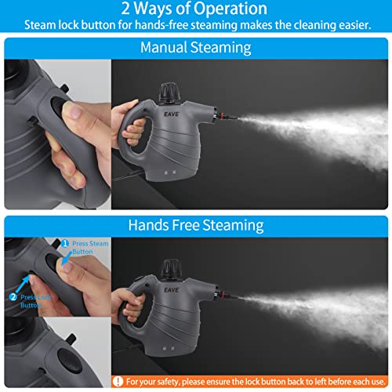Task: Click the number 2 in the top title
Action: pyautogui.click(x=126, y=9)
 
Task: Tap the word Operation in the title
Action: pyautogui.click(x=231, y=9)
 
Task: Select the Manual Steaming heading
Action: pyautogui.click(x=195, y=47)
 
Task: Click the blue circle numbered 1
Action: pyautogui.click(x=65, y=245)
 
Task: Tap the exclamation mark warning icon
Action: pyautogui.click(x=118, y=383)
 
